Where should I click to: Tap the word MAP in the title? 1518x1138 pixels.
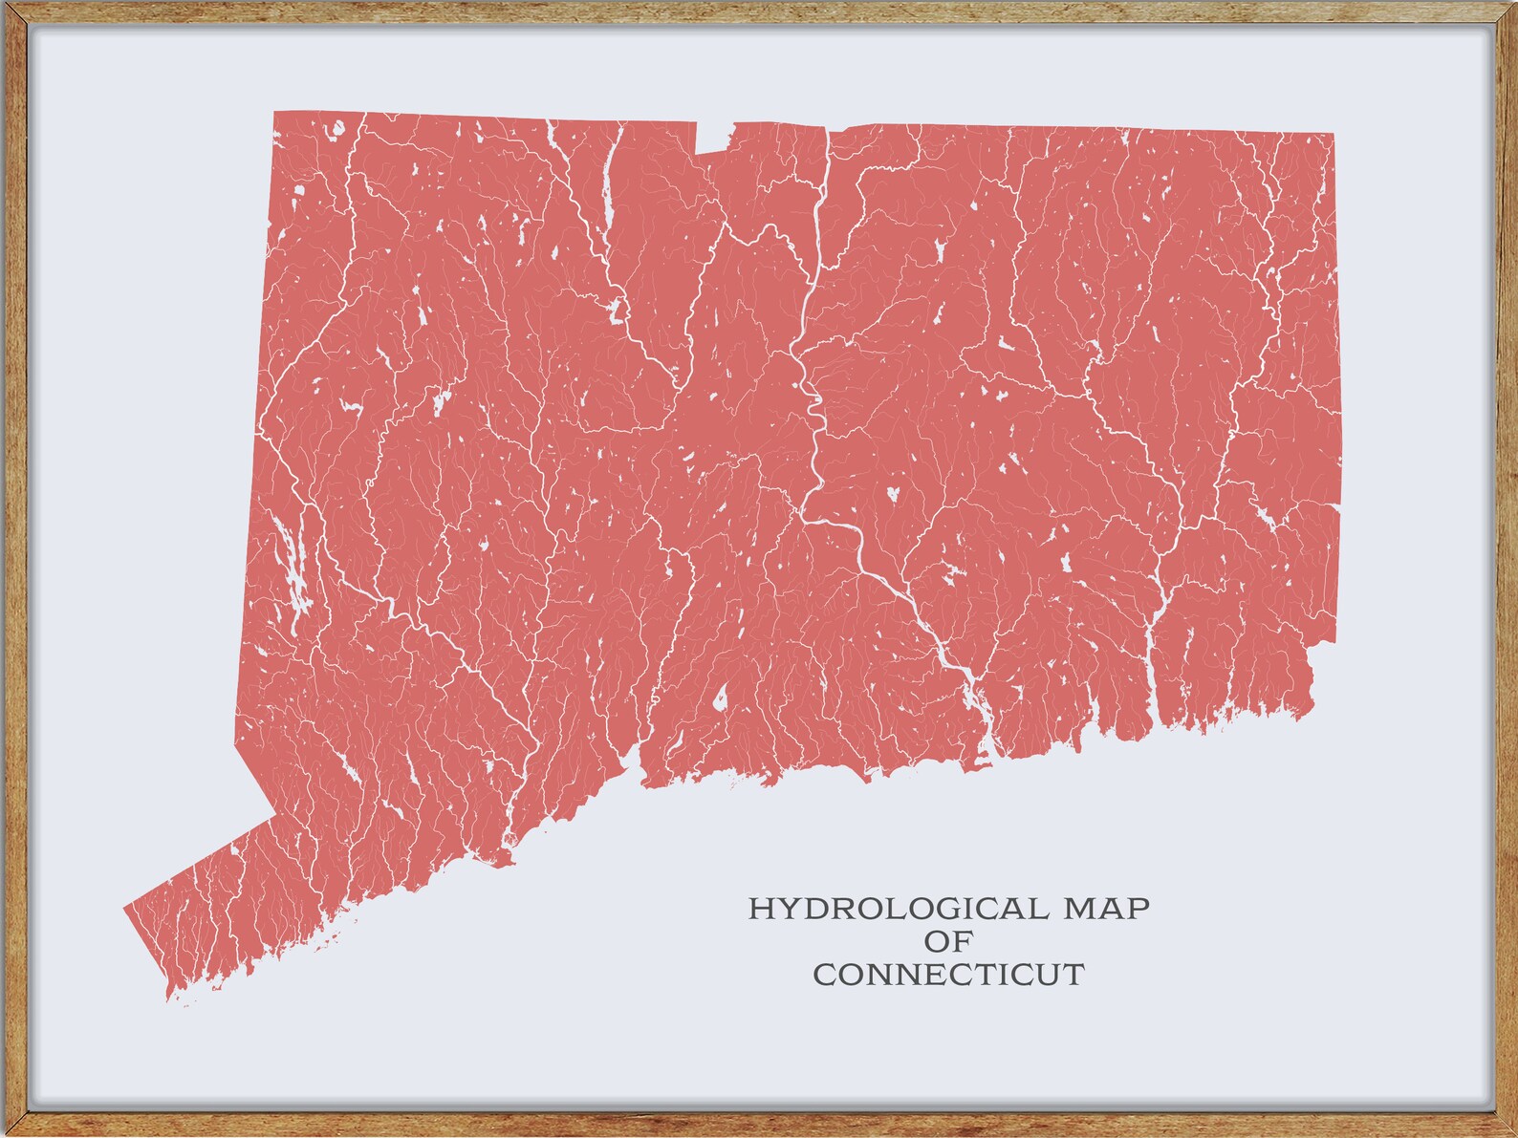pos(1107,908)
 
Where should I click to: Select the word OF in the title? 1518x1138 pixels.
pos(948,941)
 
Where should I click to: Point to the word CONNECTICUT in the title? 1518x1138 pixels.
pos(948,975)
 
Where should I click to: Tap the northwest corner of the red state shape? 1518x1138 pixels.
pos(276,114)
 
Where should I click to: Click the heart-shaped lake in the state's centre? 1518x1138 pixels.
pos(891,494)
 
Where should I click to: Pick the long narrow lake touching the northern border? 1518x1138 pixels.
pos(607,191)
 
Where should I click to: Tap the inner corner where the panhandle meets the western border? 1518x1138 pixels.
pos(275,815)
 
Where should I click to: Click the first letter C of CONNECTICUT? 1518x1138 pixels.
pos(824,976)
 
